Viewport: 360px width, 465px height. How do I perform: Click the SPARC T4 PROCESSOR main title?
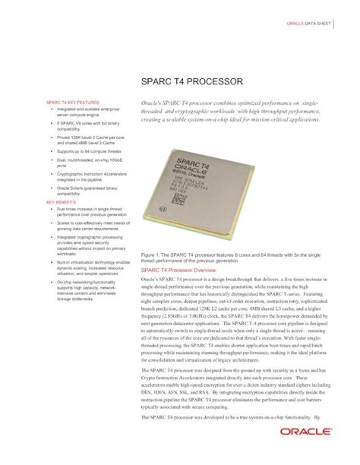coord(191,81)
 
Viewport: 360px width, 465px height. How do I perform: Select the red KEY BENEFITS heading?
coord(62,202)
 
